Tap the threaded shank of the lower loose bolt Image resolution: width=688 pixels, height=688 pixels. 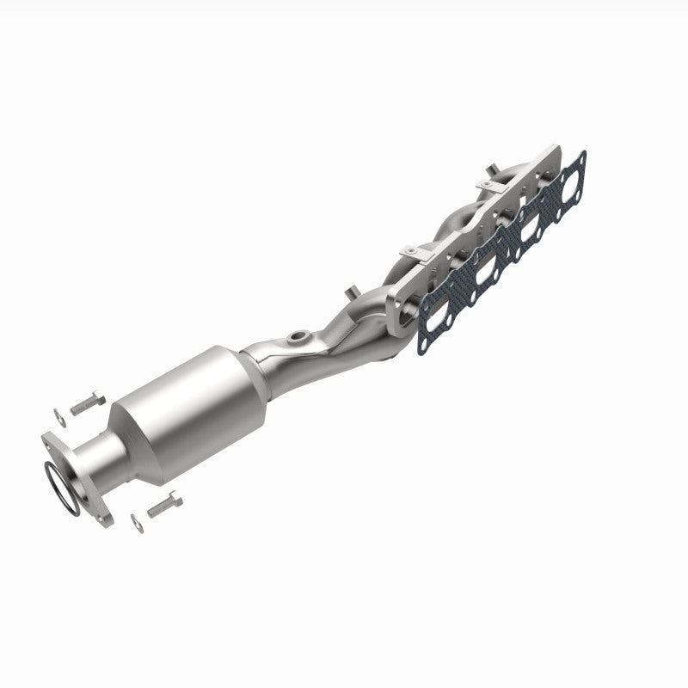point(157,509)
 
